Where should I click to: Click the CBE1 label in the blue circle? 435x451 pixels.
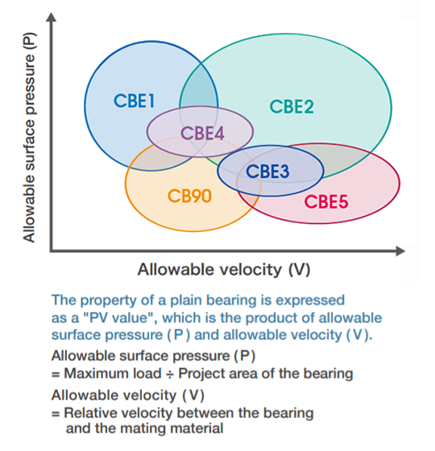click(135, 101)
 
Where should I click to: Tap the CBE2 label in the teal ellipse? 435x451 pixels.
click(292, 106)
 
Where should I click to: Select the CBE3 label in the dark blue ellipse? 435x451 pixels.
click(267, 171)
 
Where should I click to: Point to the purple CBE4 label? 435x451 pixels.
click(202, 133)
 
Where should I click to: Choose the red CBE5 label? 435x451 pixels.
click(326, 201)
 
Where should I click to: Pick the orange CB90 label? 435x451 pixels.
click(189, 196)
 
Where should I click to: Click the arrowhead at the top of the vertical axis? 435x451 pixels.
click(52, 17)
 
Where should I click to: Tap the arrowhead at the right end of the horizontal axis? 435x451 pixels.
click(400, 251)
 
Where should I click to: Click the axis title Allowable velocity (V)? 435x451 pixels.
click(224, 270)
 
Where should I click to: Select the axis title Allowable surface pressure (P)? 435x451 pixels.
click(29, 138)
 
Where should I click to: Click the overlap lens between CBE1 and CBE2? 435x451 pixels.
click(198, 89)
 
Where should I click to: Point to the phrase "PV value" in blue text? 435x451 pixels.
click(119, 318)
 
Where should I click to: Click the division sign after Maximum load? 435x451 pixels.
click(170, 374)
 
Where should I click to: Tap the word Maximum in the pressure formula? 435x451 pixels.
click(97, 374)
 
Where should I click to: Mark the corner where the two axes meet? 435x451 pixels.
click(52, 251)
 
